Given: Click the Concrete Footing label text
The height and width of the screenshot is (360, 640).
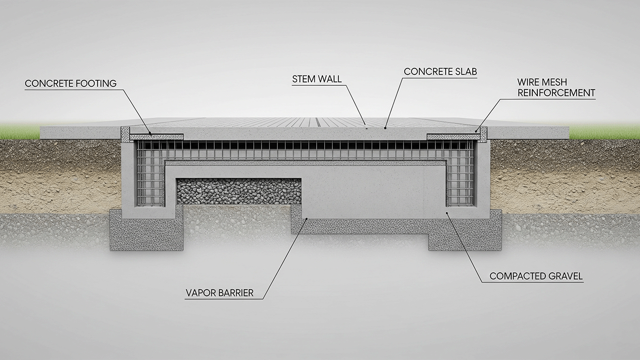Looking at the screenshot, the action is click(x=71, y=83).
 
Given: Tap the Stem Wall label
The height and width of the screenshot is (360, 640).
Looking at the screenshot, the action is click(x=317, y=79).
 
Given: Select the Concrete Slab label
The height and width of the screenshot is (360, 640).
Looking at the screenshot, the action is click(x=440, y=72).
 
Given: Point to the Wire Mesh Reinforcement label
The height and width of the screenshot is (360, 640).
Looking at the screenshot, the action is click(x=556, y=88).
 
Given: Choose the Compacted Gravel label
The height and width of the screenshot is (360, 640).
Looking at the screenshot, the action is click(x=536, y=276).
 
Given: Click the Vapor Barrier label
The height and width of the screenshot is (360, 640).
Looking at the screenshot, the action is click(x=219, y=293).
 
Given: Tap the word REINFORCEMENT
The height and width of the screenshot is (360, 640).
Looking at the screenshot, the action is click(x=556, y=93).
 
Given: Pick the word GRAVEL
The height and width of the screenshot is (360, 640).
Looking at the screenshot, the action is click(x=566, y=276).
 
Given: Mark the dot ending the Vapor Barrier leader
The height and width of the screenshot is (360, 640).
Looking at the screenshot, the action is click(x=306, y=219).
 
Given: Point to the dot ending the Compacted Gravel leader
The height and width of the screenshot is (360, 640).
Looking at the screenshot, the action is click(x=447, y=212).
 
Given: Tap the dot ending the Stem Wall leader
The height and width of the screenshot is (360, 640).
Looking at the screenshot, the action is click(x=365, y=124).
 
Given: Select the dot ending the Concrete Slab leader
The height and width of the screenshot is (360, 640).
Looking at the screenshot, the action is click(x=385, y=128).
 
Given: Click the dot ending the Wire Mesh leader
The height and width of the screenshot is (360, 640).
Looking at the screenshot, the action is click(x=476, y=132).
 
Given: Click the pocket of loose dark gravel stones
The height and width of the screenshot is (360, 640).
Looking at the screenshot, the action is click(x=239, y=191).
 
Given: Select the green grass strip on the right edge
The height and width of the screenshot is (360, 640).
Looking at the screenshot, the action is click(x=604, y=132).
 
